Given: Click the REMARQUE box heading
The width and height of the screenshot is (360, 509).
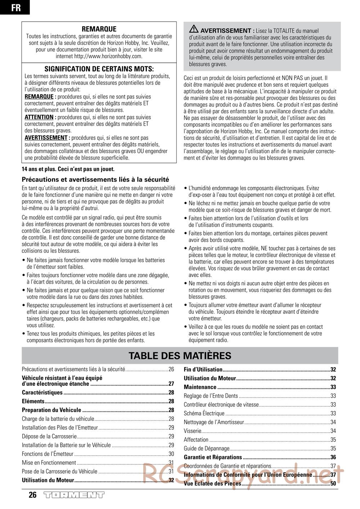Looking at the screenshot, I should click(x=99, y=29).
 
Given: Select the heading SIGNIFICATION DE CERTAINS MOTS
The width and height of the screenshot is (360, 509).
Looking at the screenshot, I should click(x=99, y=69).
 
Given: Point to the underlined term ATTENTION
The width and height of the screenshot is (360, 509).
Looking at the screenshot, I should click(x=39, y=117).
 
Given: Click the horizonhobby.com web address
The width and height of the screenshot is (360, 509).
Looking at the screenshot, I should click(x=108, y=57).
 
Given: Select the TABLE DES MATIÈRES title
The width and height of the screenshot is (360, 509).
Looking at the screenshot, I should click(x=180, y=356).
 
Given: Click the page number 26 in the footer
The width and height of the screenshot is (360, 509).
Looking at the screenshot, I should click(x=32, y=495).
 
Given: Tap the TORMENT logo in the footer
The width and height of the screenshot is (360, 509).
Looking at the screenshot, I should click(x=74, y=495).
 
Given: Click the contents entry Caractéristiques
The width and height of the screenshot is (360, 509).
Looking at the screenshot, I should click(x=42, y=393).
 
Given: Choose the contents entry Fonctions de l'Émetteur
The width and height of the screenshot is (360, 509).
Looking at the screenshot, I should click(x=48, y=454).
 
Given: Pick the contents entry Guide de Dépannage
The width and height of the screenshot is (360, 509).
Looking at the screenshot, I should click(x=207, y=449).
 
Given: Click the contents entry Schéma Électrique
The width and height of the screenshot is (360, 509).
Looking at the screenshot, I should click(x=204, y=414).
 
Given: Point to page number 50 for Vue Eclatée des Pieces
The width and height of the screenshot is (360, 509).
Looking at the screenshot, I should click(x=333, y=484).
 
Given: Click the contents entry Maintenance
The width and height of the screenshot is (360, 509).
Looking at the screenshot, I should click(x=200, y=387).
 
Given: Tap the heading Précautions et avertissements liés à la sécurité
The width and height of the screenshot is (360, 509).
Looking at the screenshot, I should click(x=95, y=179).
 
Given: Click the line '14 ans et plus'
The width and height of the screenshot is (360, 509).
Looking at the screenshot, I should click(x=68, y=169).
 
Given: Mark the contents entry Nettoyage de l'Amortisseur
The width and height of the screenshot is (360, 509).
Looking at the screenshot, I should click(x=214, y=422).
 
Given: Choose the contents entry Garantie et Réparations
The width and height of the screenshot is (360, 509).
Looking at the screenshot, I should click(x=213, y=457).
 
